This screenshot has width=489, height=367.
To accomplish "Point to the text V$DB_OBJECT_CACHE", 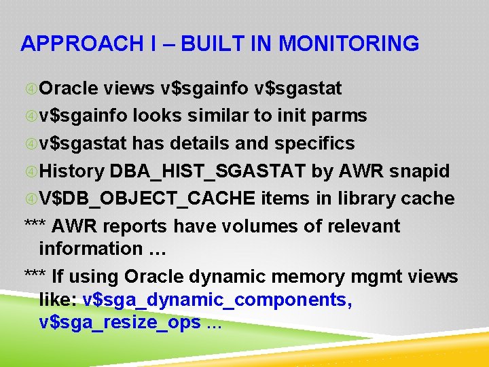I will [x=147, y=198].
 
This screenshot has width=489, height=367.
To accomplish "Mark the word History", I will [x=71, y=171].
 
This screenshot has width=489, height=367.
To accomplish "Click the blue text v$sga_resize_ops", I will [x=120, y=322].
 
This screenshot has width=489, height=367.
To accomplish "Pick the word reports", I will [x=141, y=226].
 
